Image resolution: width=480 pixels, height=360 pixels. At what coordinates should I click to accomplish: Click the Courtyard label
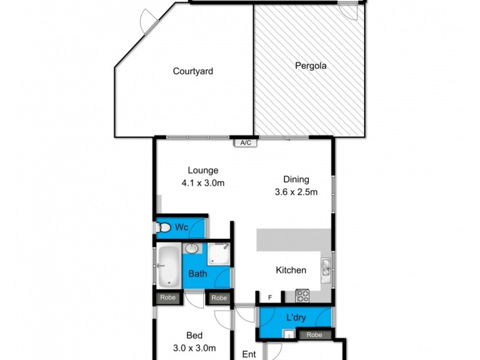tap(193, 71)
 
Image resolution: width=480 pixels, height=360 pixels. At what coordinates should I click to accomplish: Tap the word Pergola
tap(310, 66)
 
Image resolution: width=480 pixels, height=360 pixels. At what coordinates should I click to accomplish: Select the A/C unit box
tap(245, 143)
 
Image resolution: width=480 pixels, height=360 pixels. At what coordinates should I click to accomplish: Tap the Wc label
tap(182, 227)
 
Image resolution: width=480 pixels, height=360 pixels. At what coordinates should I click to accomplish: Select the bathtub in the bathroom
tap(168, 266)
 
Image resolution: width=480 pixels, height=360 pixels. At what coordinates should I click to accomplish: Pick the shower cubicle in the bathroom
tap(219, 253)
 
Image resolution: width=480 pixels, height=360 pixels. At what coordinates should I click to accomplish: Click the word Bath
tap(198, 274)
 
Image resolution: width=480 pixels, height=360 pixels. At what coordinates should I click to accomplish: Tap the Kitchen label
tap(291, 271)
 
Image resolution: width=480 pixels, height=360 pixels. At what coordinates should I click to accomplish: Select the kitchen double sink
tap(325, 266)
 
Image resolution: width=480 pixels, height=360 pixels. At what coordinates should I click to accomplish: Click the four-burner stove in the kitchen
tap(301, 295)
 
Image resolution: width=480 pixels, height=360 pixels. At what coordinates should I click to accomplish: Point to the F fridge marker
tap(270, 296)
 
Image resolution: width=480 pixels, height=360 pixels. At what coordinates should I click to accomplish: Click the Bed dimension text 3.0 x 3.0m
tap(194, 347)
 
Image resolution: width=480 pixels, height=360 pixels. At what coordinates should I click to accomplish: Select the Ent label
tap(249, 354)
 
